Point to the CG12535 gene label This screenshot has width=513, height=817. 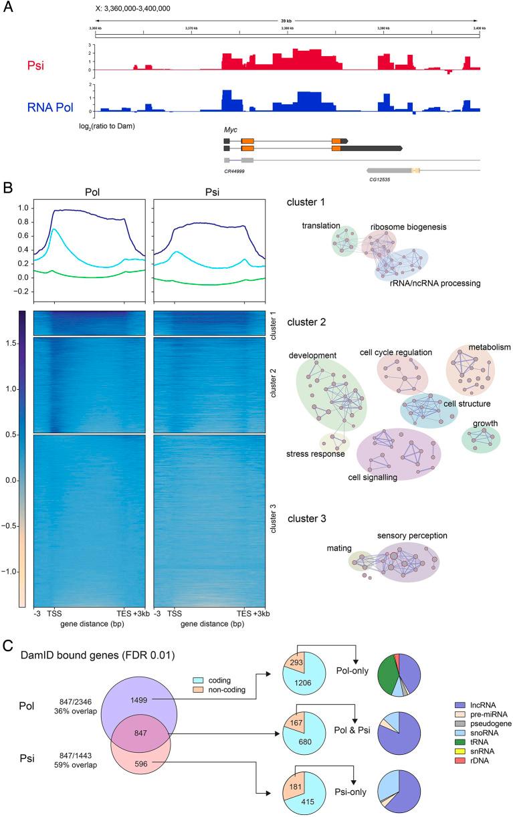pyautogui.click(x=379, y=179)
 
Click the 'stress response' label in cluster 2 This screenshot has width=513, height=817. pyautogui.click(x=316, y=454)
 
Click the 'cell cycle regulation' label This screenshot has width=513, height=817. pyautogui.click(x=395, y=352)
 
